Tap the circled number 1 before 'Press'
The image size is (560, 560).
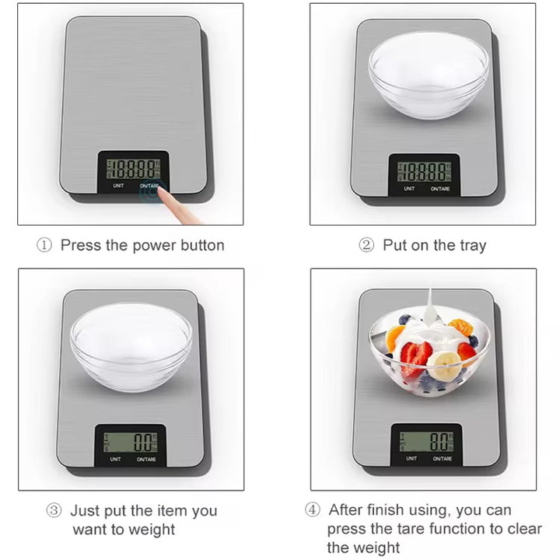(x=44, y=245)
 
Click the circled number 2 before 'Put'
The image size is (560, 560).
(x=366, y=245)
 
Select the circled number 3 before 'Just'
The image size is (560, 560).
(x=54, y=510)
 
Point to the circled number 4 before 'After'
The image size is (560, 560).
(x=313, y=509)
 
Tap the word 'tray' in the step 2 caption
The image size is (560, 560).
(x=473, y=246)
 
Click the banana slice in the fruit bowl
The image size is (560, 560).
(x=444, y=366)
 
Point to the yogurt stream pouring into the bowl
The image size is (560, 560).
(x=430, y=307)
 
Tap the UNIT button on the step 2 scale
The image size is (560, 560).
(x=409, y=188)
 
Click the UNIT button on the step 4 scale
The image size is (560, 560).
(x=411, y=458)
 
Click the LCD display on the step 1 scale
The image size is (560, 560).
(x=133, y=169)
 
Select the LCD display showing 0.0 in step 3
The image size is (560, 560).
(x=130, y=442)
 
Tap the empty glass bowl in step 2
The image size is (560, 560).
(x=429, y=75)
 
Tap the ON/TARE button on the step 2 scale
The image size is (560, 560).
(x=440, y=188)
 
